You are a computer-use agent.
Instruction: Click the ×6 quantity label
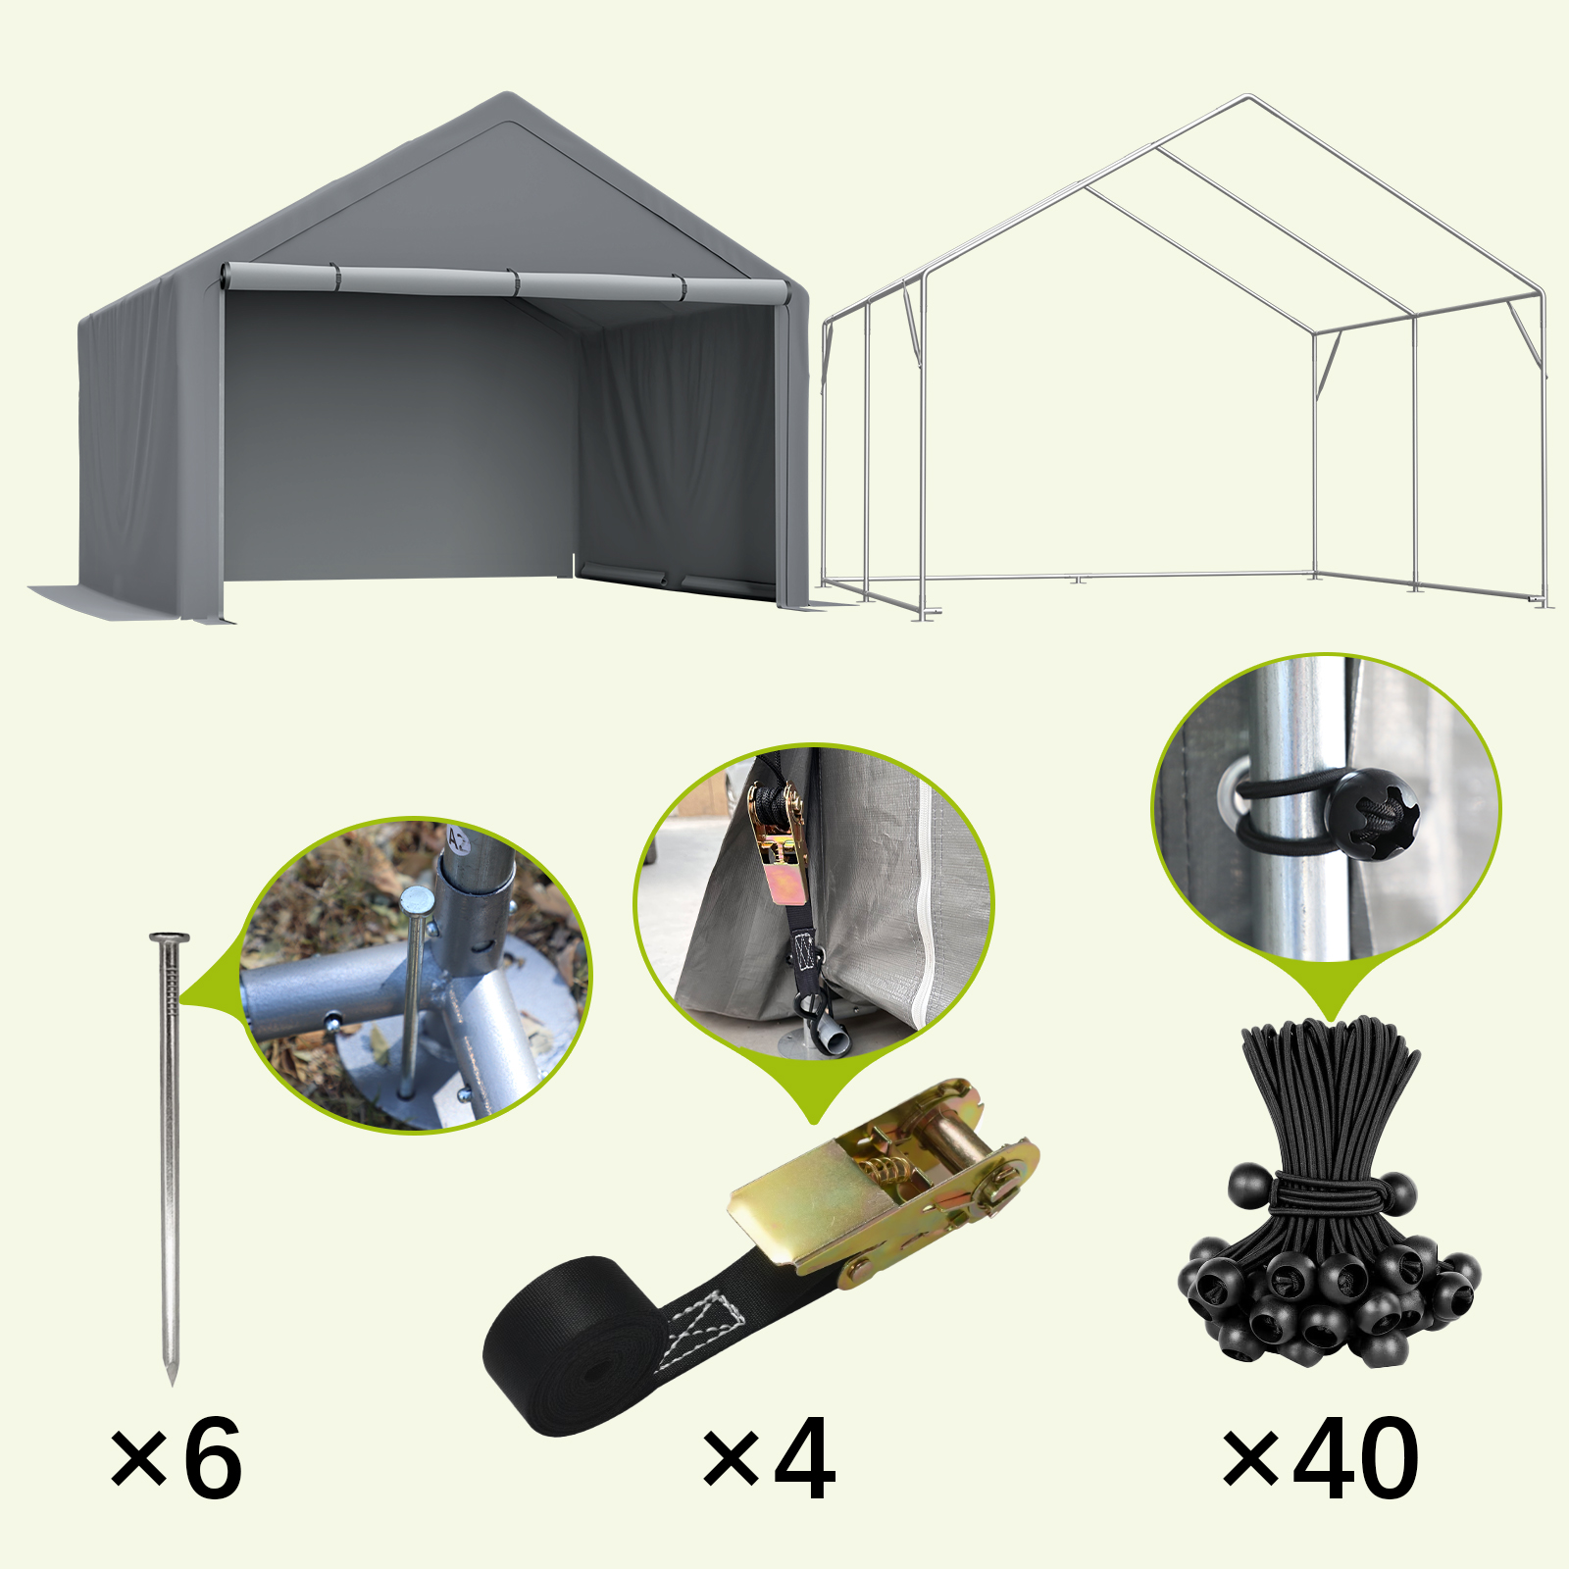pyautogui.click(x=177, y=1459)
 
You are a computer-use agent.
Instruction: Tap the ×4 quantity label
pyautogui.click(x=770, y=1460)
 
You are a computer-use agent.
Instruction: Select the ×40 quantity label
pyautogui.click(x=1320, y=1459)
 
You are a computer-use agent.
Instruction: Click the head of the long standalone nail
pyautogui.click(x=170, y=938)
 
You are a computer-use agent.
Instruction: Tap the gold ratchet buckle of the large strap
pyautogui.click(x=883, y=1177)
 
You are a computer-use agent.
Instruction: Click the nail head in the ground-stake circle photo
pyautogui.click(x=417, y=898)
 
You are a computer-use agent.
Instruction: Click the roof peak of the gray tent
pyautogui.click(x=507, y=95)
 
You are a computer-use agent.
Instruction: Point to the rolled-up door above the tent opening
pyautogui.click(x=505, y=282)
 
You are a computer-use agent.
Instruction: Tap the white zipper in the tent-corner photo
pyautogui.click(x=923, y=902)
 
